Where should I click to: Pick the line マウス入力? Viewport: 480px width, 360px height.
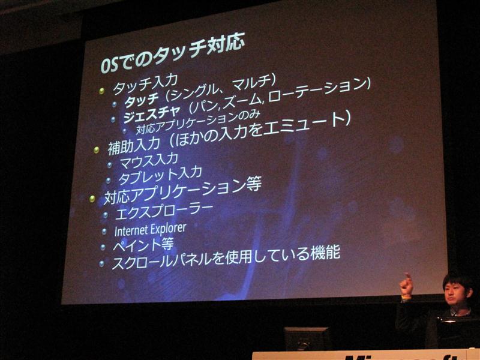(149, 160)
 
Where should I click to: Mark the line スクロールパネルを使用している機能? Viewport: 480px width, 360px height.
(226, 257)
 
